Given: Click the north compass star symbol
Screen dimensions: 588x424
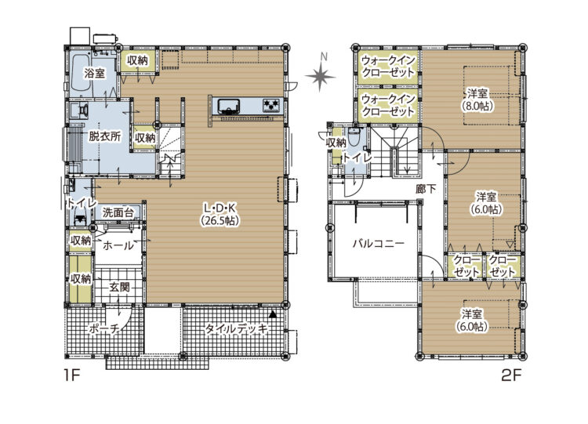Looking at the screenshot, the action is [320, 77].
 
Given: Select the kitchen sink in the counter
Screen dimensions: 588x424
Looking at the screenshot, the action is [228, 105].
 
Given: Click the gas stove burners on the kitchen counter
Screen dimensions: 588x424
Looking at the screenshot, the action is [272, 104].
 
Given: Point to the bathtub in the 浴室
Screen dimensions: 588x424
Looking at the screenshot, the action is [80, 74].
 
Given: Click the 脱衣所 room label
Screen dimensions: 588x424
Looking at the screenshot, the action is [104, 136].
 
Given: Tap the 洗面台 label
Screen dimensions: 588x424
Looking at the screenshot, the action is [118, 213].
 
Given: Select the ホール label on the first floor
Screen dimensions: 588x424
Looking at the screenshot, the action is [118, 246].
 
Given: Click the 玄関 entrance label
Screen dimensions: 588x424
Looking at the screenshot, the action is [120, 287].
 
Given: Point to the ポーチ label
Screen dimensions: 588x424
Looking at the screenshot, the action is [104, 329].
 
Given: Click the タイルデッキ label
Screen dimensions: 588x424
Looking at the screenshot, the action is [237, 329].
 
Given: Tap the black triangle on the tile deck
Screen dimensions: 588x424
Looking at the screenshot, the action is [273, 314].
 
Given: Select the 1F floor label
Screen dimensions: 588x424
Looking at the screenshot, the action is [72, 375].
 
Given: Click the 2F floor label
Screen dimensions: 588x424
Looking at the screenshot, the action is [511, 375].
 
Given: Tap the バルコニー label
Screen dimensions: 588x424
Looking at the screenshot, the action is [379, 244].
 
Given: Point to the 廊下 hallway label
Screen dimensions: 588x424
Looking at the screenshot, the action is [426, 189].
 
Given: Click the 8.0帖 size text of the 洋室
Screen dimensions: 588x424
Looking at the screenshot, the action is [477, 106].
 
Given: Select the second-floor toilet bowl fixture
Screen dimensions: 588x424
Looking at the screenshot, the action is [354, 138].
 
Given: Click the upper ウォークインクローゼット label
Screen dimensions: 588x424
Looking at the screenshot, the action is [388, 66].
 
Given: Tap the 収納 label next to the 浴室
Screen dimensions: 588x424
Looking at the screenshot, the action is [137, 60].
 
